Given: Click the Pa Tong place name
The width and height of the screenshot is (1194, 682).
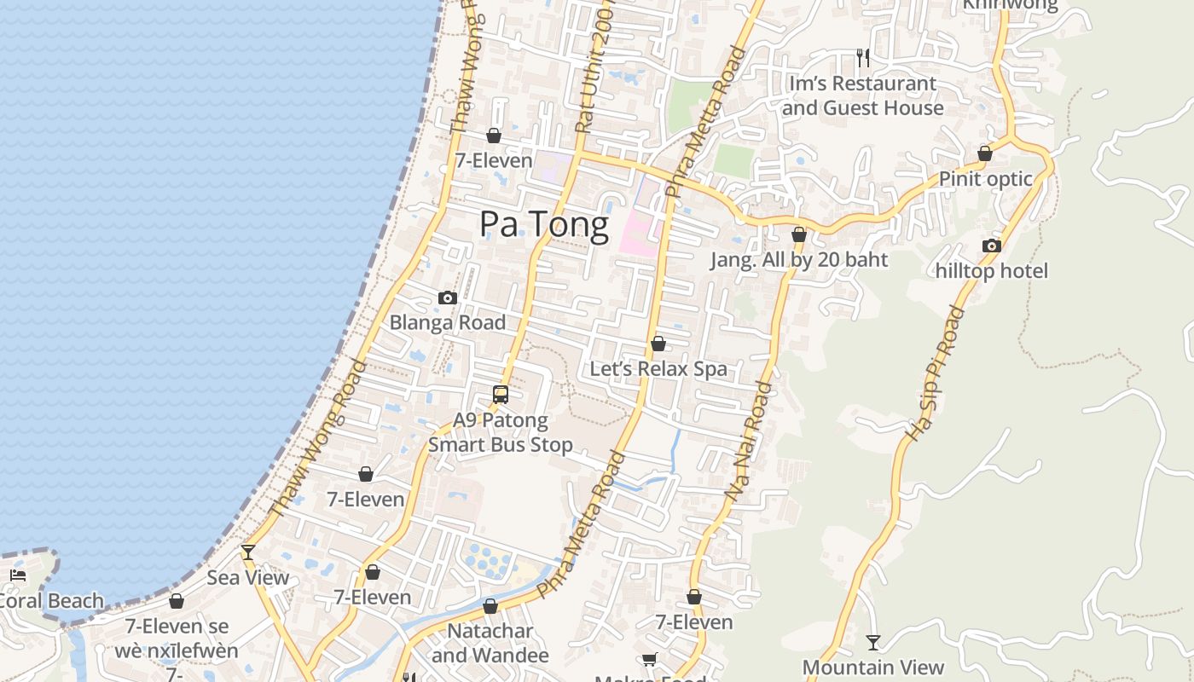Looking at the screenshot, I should point(544,224).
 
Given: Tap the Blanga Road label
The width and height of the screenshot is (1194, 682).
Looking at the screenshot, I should point(448,322).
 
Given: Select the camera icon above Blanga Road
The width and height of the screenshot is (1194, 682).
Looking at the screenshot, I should point(448,298).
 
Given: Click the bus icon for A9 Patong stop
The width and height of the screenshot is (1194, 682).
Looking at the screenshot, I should point(501,395).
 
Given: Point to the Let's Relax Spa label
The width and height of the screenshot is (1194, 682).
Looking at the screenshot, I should point(658,369).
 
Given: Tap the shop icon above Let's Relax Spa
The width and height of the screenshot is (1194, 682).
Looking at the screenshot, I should point(658,344).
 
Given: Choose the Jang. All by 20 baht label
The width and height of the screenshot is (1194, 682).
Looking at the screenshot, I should point(799,260).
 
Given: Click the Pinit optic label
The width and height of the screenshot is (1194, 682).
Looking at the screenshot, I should point(985,179).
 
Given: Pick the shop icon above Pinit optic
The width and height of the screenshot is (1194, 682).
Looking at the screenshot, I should point(985,153).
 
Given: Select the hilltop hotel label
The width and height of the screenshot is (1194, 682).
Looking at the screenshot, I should point(991,271).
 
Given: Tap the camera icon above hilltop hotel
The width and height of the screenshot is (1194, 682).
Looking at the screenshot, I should point(991,246).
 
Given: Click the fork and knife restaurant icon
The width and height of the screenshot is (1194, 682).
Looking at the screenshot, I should point(863,57).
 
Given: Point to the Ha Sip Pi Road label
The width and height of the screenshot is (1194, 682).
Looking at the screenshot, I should point(935,373).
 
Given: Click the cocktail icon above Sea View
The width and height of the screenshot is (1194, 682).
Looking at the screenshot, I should point(247,552).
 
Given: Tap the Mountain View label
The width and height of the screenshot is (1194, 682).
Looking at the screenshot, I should point(872,667).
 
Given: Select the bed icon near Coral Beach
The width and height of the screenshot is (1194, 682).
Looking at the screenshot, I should point(18,575).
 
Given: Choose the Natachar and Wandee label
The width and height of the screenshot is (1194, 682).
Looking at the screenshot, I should point(490,643).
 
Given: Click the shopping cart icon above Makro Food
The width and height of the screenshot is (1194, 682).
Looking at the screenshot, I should point(649,659).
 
